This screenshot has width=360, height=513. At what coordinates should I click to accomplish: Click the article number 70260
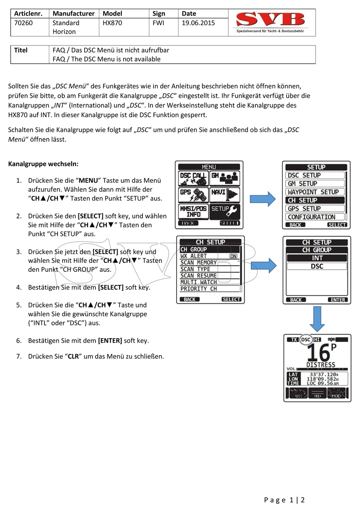[x=23, y=23]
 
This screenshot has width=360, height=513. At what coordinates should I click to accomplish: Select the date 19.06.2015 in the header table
[x=198, y=23]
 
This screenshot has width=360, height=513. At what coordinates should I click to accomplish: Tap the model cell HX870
[x=112, y=23]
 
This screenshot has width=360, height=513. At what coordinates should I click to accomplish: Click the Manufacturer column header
[x=74, y=14]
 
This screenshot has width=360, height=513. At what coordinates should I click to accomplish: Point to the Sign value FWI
[x=158, y=23]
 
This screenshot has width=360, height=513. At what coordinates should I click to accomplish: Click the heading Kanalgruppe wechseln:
[x=43, y=164]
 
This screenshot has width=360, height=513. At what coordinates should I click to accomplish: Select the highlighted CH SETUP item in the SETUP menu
[x=315, y=200]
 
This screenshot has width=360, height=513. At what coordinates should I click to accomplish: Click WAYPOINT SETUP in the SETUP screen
[x=315, y=192]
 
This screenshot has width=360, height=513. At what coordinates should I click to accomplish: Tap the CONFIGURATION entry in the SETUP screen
[x=315, y=217]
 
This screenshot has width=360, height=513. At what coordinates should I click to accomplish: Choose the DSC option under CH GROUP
[x=317, y=266]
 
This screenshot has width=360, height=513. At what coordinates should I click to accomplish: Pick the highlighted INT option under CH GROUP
[x=317, y=258]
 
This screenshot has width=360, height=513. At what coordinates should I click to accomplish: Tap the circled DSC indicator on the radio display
[x=306, y=340]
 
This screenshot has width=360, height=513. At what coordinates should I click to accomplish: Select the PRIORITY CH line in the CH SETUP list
[x=199, y=289]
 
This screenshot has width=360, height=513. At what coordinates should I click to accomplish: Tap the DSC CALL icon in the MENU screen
[x=193, y=178]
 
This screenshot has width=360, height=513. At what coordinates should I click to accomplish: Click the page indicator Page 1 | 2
[x=284, y=500]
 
